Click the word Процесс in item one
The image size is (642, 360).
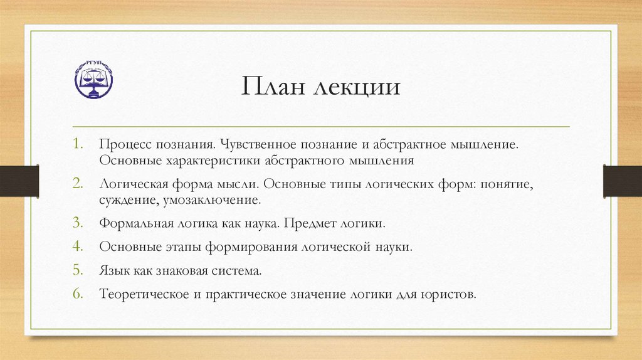[x=122, y=144]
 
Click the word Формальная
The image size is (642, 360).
[x=130, y=223]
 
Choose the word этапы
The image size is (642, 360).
[x=185, y=247]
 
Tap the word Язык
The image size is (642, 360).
[x=113, y=271]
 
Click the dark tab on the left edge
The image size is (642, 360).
[x=19, y=181]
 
